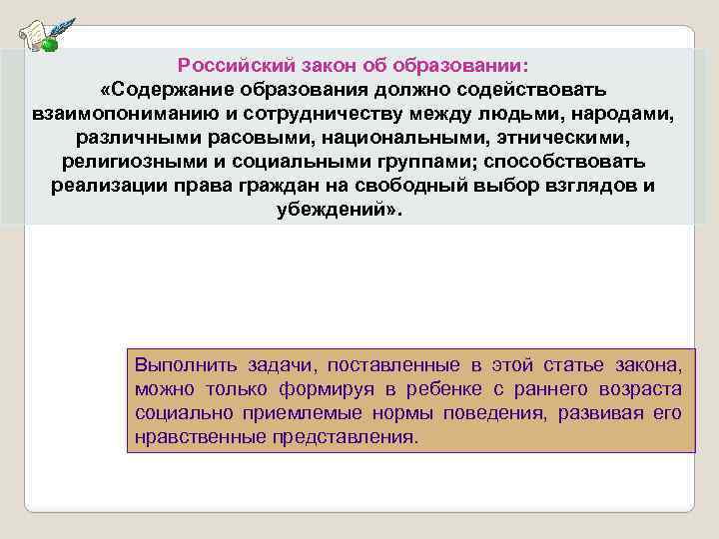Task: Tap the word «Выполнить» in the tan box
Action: coord(175,365)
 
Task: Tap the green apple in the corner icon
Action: coord(48,43)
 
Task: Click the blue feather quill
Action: coord(62,27)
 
